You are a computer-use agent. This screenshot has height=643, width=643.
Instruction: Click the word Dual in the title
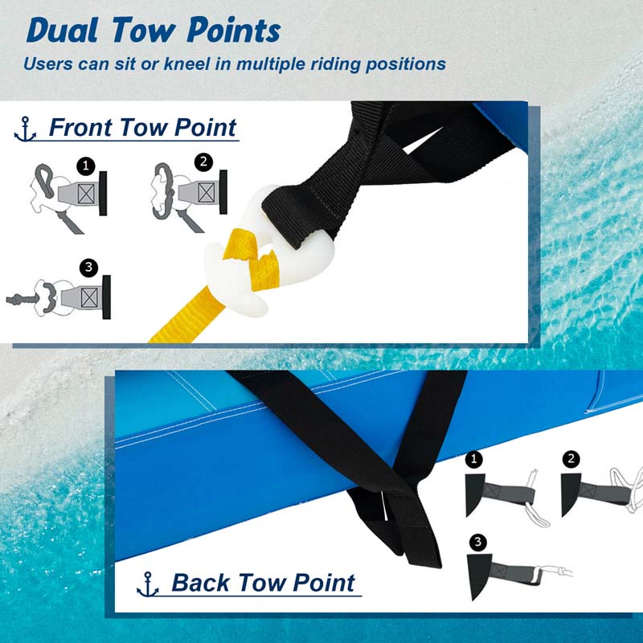point(63,31)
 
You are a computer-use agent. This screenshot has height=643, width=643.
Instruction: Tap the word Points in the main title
point(234,31)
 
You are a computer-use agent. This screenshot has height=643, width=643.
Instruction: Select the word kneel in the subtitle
point(187,64)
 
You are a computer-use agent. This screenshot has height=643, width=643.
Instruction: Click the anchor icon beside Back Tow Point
point(148,584)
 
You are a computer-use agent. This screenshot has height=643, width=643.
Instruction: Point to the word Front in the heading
point(80,127)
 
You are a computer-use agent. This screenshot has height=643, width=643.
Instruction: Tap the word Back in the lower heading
point(200,582)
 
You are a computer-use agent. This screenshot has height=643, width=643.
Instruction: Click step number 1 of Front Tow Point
point(86,166)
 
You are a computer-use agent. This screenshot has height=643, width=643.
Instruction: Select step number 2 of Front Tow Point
point(204,162)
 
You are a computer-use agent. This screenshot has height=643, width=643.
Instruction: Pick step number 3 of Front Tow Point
point(88,268)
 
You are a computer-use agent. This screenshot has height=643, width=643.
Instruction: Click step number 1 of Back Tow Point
point(474,459)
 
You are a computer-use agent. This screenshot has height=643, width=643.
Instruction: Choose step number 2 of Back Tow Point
point(571,458)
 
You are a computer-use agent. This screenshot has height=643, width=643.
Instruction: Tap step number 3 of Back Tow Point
point(477,543)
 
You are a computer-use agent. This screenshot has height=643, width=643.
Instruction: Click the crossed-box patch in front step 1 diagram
point(86,194)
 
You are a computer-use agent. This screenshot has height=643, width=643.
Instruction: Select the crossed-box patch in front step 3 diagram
point(89,297)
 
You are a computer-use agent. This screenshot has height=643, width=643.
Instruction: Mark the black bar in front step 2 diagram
point(223,192)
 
